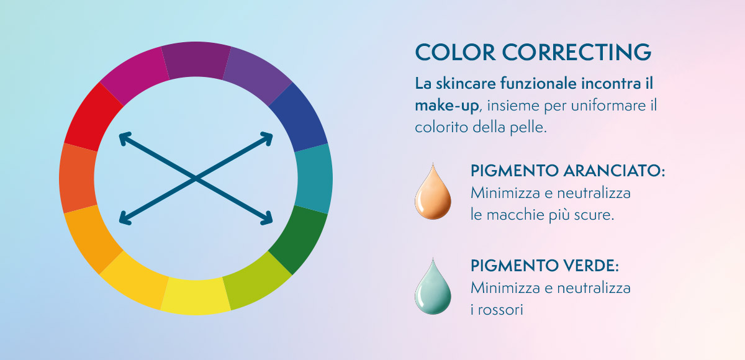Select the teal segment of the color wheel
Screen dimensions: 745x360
(314, 179)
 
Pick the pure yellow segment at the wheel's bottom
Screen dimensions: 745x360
(196, 296)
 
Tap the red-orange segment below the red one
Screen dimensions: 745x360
(78, 179)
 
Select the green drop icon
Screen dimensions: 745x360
(433, 287)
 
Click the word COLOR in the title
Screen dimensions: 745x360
(455, 52)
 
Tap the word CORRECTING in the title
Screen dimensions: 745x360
(576, 52)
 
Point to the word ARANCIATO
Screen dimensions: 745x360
(614, 171)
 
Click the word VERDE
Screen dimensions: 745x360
(590, 266)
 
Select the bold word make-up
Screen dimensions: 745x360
(446, 106)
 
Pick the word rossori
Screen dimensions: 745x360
(500, 310)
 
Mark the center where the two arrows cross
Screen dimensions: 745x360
(196, 179)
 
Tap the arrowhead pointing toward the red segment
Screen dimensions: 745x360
(125, 138)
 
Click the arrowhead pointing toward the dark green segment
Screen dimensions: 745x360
(267, 219)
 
